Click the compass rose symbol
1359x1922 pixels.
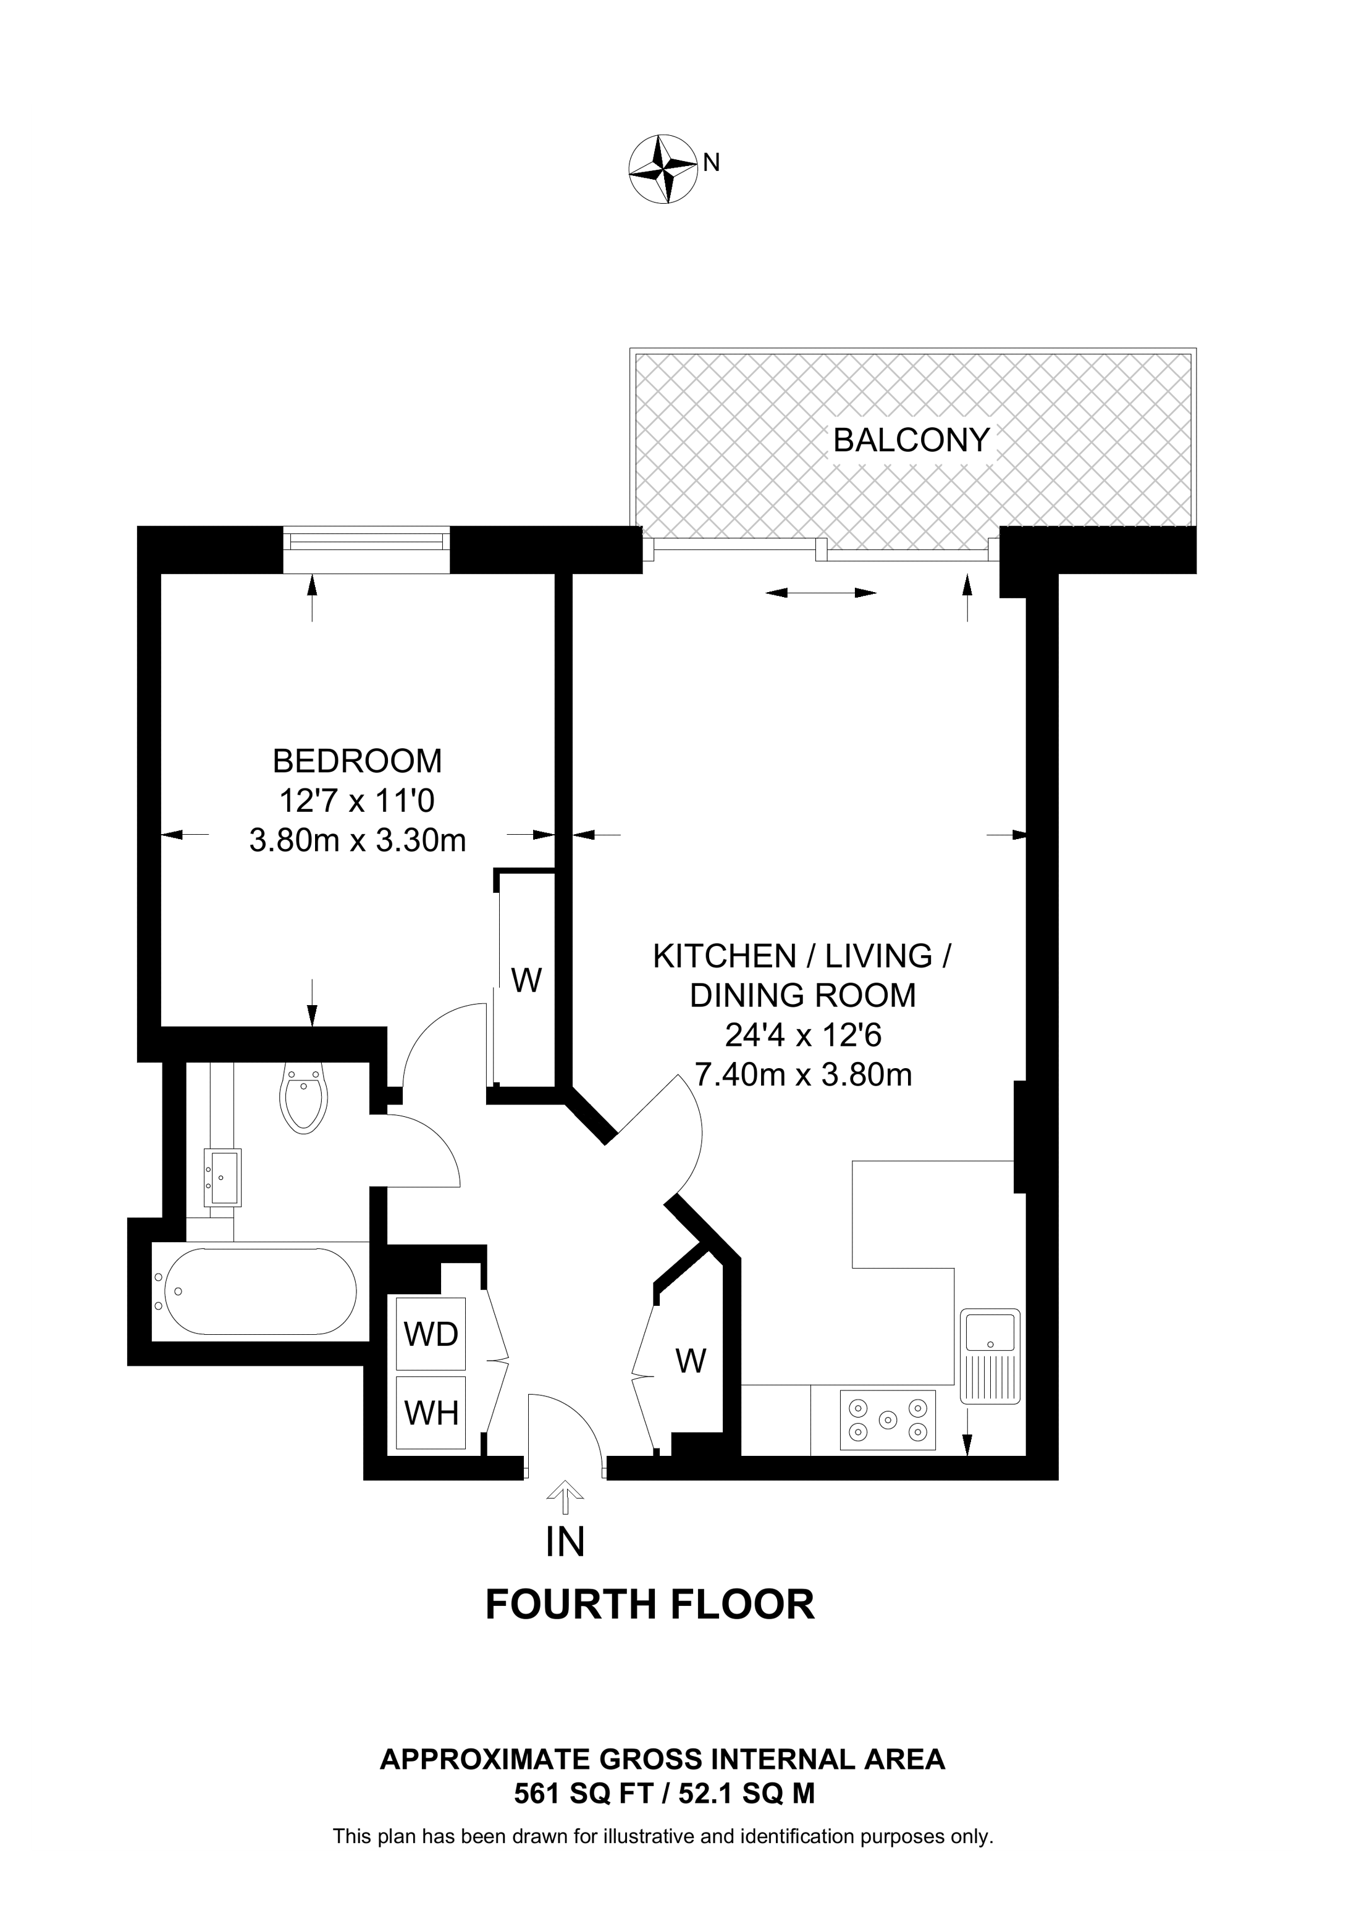click(662, 169)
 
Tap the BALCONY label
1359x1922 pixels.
click(911, 440)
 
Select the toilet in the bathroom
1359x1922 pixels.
click(304, 1097)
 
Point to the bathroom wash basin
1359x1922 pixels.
click(222, 1177)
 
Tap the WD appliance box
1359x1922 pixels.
click(431, 1334)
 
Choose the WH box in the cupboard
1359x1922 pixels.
click(431, 1413)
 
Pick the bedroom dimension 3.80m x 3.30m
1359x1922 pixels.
click(358, 840)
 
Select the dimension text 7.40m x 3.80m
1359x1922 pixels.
click(804, 1074)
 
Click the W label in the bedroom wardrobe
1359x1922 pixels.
click(526, 979)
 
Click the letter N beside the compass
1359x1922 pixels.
click(711, 162)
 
